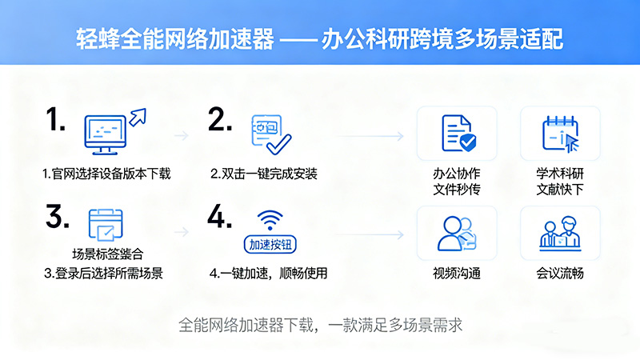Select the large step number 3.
[x=57, y=217]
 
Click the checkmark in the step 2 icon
[x=278, y=144]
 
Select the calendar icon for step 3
[x=105, y=225]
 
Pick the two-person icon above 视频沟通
[x=457, y=233]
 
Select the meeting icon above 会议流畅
[x=559, y=233]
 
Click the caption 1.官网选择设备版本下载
[x=106, y=174]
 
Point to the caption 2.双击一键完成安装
[x=264, y=174]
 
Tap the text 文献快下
[x=560, y=190]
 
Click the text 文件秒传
[x=457, y=190]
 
